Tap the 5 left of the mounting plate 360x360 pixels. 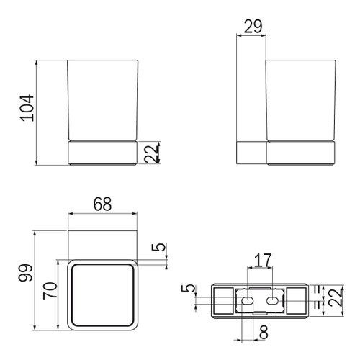click(189, 292)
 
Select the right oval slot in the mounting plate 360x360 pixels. click(274, 299)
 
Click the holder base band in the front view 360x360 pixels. click(102, 153)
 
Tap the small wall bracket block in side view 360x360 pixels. click(252, 153)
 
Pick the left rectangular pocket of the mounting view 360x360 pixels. click(222, 299)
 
